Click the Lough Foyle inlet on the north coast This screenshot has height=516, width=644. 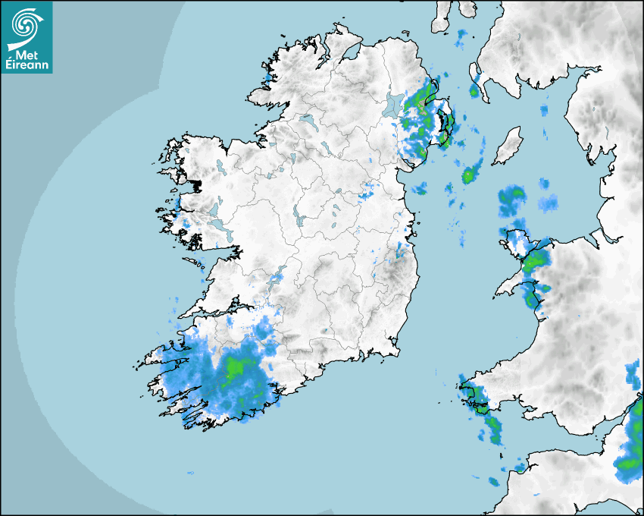pyautogui.click(x=349, y=53)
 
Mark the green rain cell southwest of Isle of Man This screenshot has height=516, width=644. pyautogui.click(x=469, y=175)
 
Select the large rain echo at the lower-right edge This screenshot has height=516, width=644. pyautogui.click(x=630, y=455)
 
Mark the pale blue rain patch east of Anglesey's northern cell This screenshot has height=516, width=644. pyautogui.click(x=548, y=203)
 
